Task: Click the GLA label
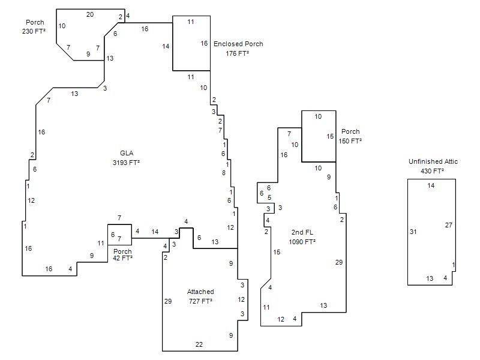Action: coord(127,153)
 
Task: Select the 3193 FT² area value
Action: coord(126,163)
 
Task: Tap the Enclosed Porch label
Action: coord(238,44)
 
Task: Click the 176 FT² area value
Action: coord(237,53)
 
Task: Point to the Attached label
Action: coord(200,292)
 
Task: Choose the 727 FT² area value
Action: coord(200,301)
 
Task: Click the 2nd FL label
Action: coord(302,232)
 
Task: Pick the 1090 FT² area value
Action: coord(302,242)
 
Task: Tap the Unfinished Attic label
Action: coord(433,161)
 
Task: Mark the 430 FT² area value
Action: coord(432,171)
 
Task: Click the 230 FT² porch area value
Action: coord(34,31)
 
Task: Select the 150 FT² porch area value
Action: coord(350,141)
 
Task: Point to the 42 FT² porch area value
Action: coord(122,258)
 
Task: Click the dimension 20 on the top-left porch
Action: coord(90,14)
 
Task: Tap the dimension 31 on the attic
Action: coord(413,232)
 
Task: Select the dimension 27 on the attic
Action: coord(448,226)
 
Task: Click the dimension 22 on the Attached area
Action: coord(199,344)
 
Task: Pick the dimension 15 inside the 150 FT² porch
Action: coord(330,137)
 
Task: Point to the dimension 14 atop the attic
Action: coord(431,185)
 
